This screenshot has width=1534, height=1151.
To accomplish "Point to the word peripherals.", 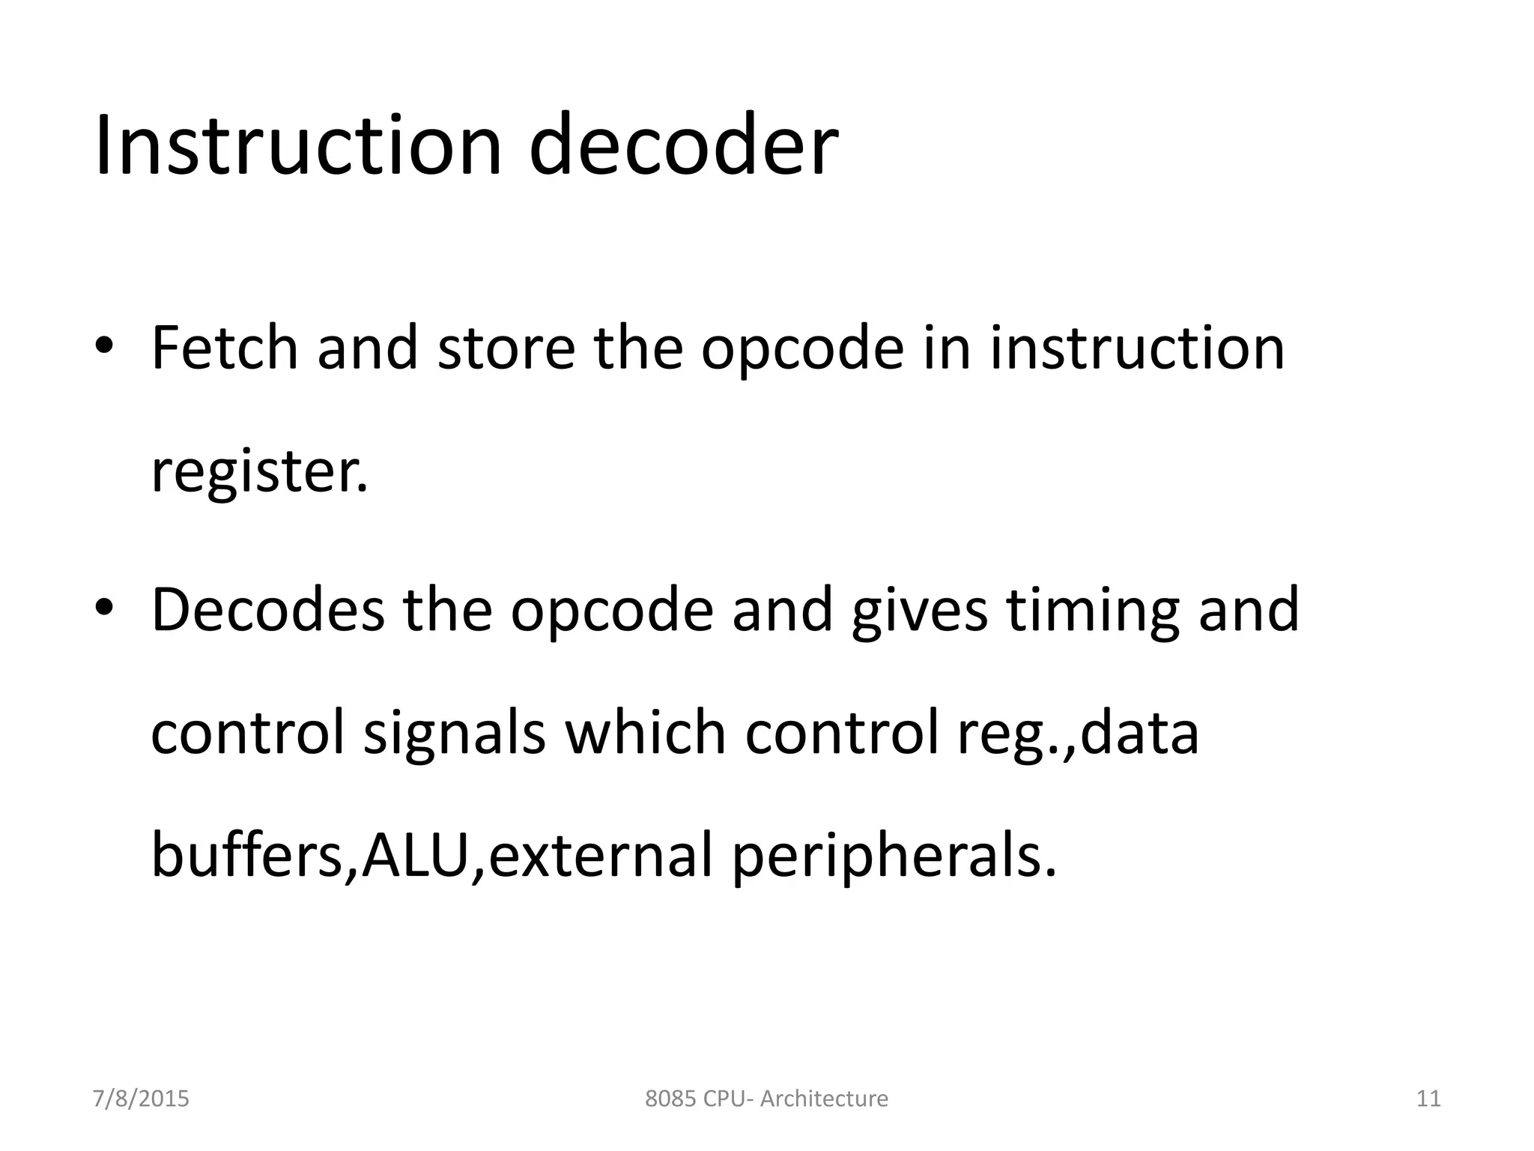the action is pos(894,857).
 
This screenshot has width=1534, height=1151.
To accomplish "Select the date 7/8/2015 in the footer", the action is pos(141,1099).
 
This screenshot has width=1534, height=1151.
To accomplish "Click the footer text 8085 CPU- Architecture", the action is pos(766,1099).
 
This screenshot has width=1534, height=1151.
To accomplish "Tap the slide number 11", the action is pos(1428,1099).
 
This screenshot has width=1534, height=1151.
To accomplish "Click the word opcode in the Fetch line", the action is pos(802,351).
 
